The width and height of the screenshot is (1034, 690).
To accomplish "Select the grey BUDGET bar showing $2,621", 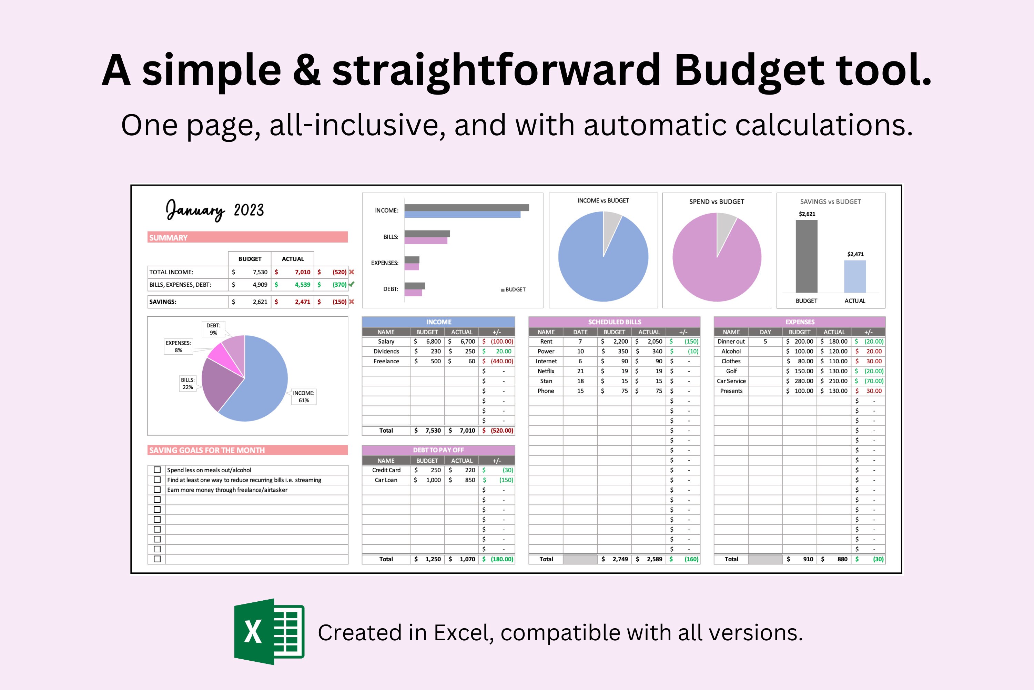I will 806,256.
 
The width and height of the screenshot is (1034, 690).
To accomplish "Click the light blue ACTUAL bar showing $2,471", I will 855,276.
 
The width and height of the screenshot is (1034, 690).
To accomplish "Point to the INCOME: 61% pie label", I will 303,396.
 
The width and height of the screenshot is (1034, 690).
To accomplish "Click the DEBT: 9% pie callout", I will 213,329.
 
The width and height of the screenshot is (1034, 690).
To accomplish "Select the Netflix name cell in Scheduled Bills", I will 546,371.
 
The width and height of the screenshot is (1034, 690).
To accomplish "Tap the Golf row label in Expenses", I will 731,371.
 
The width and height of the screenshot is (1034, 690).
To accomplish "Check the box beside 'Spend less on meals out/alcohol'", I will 157,470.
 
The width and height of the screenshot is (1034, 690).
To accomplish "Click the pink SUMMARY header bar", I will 247,237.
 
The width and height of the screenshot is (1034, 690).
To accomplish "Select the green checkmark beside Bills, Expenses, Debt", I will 351,284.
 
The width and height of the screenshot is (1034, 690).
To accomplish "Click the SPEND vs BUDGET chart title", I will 716,201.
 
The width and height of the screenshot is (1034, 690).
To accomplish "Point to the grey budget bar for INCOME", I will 466,208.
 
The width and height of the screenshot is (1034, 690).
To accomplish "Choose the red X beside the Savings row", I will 351,302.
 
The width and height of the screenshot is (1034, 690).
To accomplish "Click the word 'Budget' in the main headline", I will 749,70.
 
